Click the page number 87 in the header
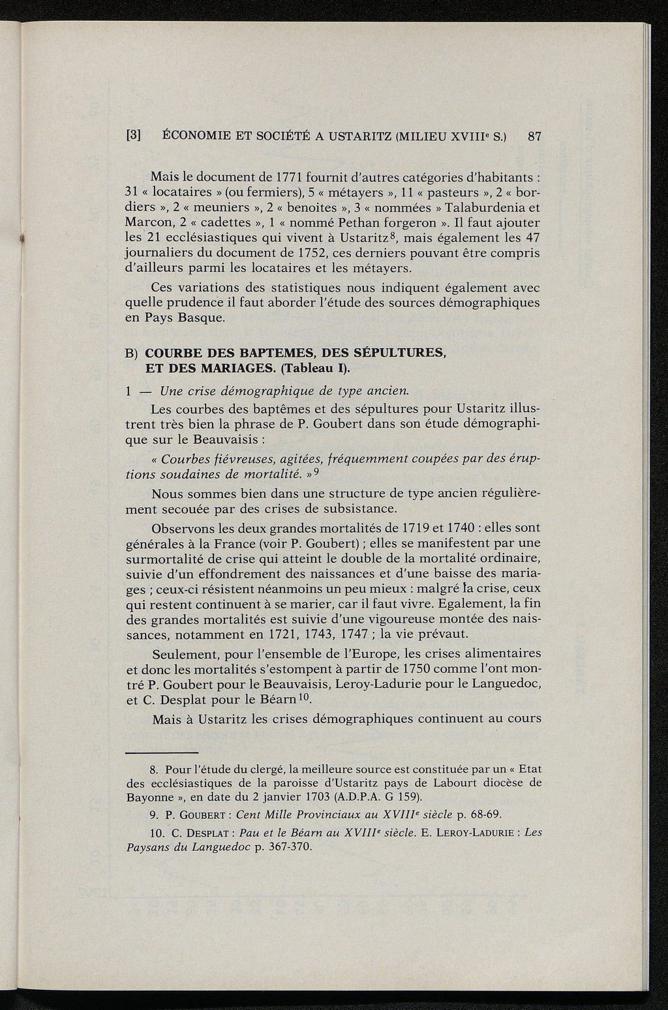pos(535,136)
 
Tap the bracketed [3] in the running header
pos(134,136)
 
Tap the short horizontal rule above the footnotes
pos(161,752)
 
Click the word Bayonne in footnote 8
pos(148,797)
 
